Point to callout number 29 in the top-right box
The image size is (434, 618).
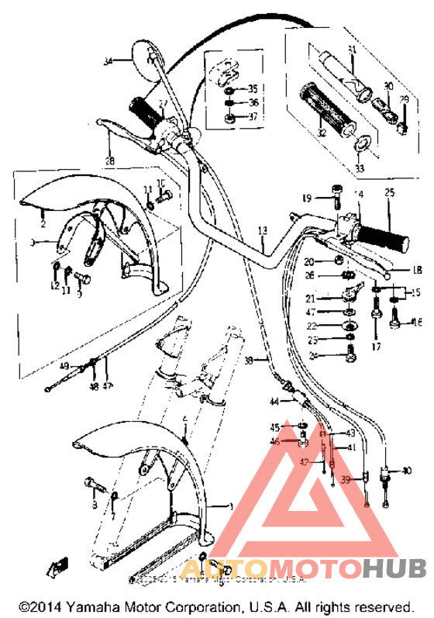point(403,100)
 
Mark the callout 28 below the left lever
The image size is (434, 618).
point(109,161)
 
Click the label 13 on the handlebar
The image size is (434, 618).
point(262,230)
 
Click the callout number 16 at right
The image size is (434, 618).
point(416,322)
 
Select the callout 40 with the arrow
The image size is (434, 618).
point(408,471)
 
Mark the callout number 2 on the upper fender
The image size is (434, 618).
point(43,223)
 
